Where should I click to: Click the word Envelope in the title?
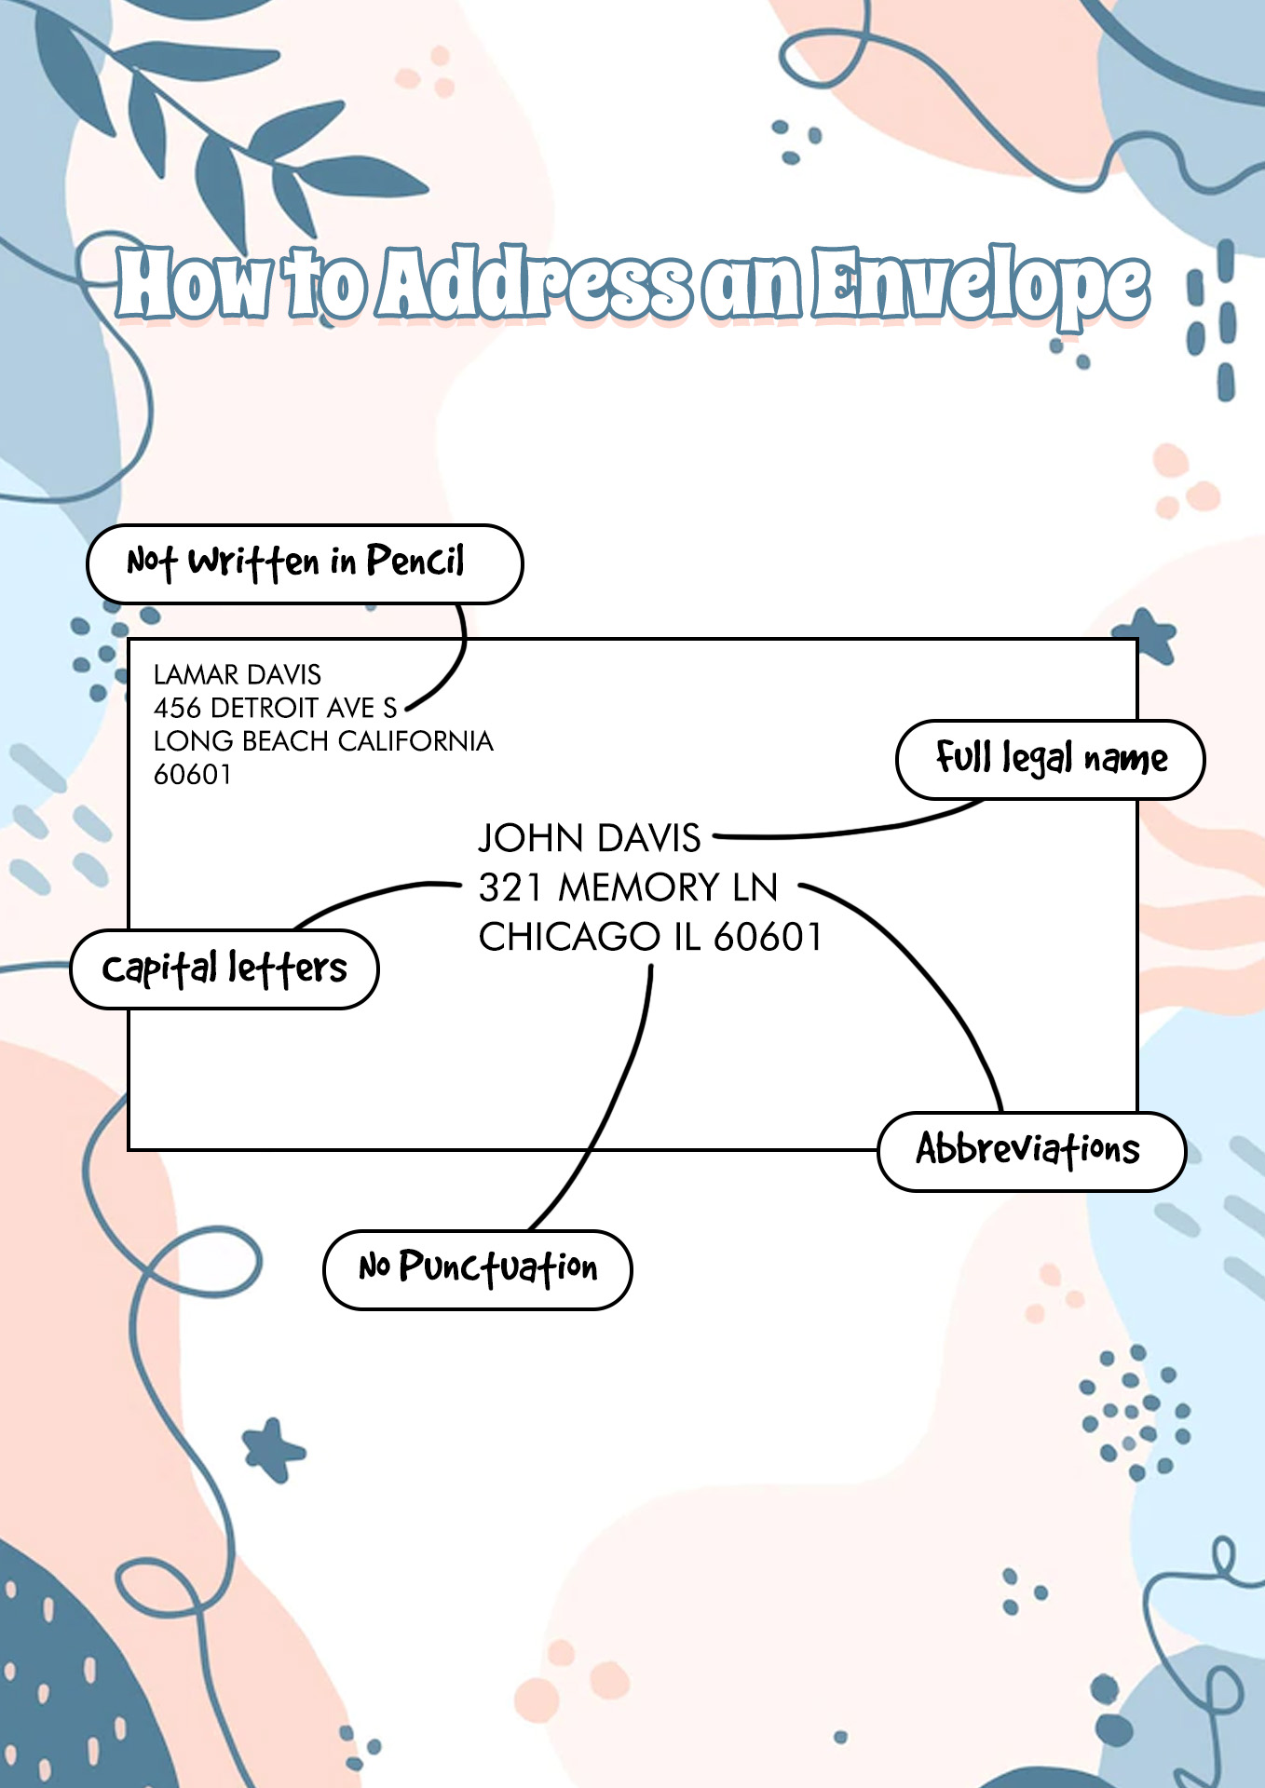[x=980, y=285]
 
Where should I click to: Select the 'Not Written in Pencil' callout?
[x=305, y=563]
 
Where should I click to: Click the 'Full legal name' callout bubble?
[x=1050, y=759]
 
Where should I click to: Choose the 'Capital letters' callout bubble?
[x=224, y=968]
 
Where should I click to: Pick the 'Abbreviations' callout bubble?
[x=1031, y=1151]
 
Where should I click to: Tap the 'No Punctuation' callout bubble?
[x=477, y=1269]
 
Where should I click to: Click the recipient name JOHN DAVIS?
[x=590, y=838]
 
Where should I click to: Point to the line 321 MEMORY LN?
[x=628, y=887]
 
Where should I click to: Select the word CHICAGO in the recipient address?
[x=569, y=937]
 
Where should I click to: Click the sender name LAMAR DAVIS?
[x=238, y=674]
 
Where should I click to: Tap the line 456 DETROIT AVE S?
[x=276, y=708]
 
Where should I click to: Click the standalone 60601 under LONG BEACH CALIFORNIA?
[x=192, y=775]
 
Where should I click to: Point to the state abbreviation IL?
[x=687, y=937]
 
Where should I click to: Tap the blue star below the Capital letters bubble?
[x=272, y=1449]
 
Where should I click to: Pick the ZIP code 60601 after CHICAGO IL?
[x=768, y=937]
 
